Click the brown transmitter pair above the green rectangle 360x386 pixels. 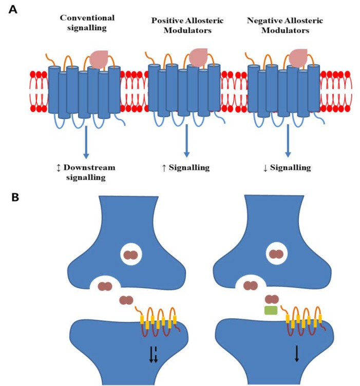pos(272,299)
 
